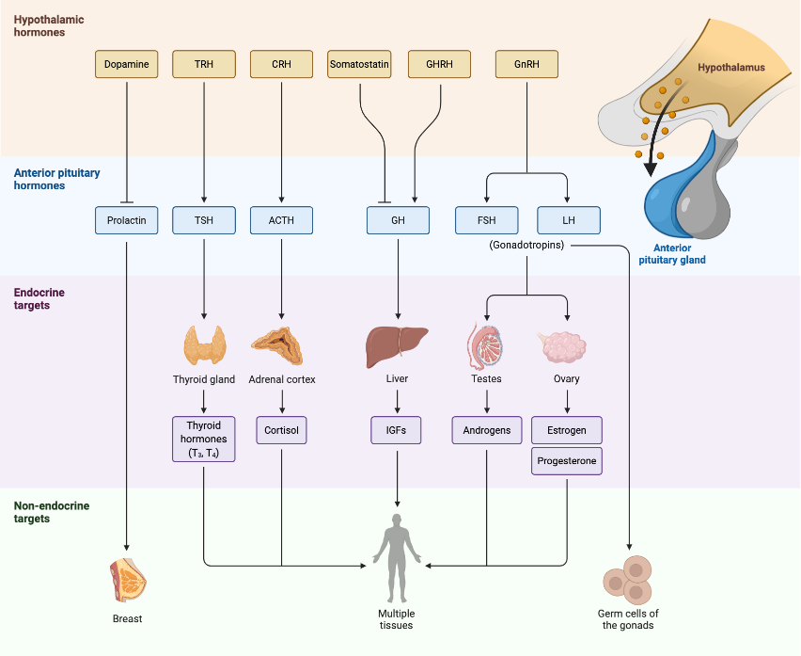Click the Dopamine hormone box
click(x=126, y=65)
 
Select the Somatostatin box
click(x=359, y=65)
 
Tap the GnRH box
click(x=526, y=65)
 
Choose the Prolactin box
click(x=126, y=220)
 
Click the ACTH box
click(x=281, y=220)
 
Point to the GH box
click(x=398, y=220)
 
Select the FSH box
click(x=486, y=220)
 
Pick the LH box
click(x=568, y=220)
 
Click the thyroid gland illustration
click(x=204, y=344)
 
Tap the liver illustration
click(x=397, y=345)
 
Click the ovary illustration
click(x=566, y=346)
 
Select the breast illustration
click(x=128, y=579)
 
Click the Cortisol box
click(x=281, y=430)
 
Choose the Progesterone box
click(x=567, y=461)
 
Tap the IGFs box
click(x=397, y=430)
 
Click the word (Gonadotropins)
click(x=527, y=245)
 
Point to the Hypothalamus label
click(x=730, y=68)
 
